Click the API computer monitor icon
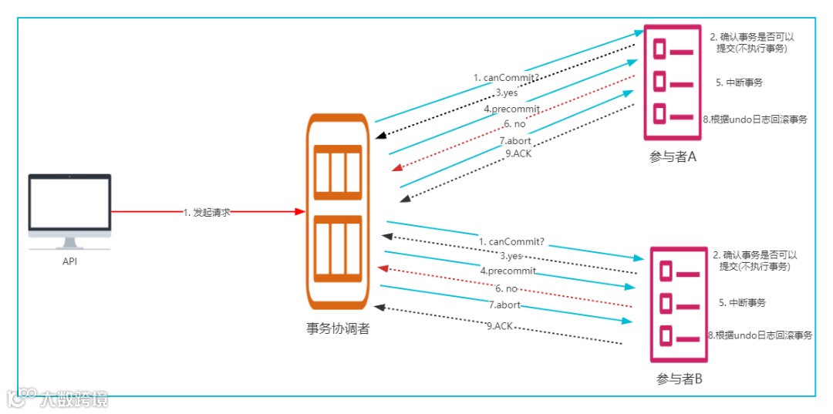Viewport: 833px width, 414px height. (69, 208)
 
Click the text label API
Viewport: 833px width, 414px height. (69, 261)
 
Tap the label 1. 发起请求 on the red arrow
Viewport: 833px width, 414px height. (207, 212)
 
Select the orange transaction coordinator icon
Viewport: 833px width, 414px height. (338, 210)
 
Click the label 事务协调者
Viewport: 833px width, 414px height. (338, 328)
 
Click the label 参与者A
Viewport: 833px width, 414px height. (673, 157)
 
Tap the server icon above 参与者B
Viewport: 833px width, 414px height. (677, 304)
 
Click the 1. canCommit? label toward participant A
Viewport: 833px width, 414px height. (506, 78)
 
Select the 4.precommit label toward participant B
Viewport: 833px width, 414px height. (508, 271)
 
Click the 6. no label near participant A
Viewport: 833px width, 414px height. (514, 124)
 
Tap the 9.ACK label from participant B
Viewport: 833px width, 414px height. (500, 326)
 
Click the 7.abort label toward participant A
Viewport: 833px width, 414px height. (514, 140)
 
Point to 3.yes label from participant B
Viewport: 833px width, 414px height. (511, 255)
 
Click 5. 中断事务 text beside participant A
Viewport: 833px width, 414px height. (738, 82)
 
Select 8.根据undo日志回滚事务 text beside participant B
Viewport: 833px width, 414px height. (759, 335)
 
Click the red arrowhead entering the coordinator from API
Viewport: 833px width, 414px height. (300, 211)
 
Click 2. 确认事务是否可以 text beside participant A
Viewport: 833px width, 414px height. (753, 36)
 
